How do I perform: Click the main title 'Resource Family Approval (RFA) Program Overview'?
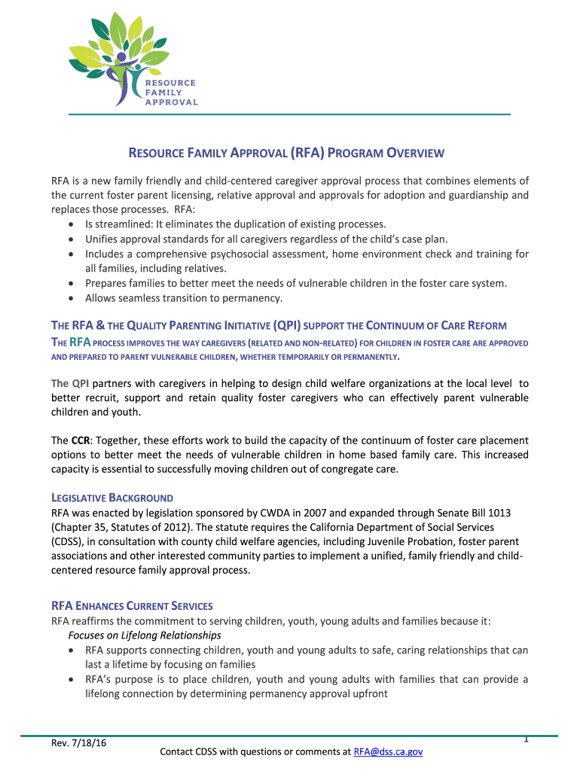[286, 154]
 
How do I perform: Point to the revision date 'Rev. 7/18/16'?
[75, 743]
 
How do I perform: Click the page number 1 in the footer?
[526, 739]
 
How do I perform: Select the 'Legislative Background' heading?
[112, 498]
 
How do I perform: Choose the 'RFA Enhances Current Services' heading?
[132, 606]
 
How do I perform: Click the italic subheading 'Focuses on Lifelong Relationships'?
[139, 635]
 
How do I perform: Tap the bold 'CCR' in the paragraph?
[81, 440]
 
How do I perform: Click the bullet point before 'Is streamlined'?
[70, 224]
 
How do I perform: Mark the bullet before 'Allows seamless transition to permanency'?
[70, 298]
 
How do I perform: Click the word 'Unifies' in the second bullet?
[102, 239]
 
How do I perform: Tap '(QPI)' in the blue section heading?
[287, 326]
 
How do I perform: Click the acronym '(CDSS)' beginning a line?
[69, 541]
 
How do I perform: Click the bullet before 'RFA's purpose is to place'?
[70, 680]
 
